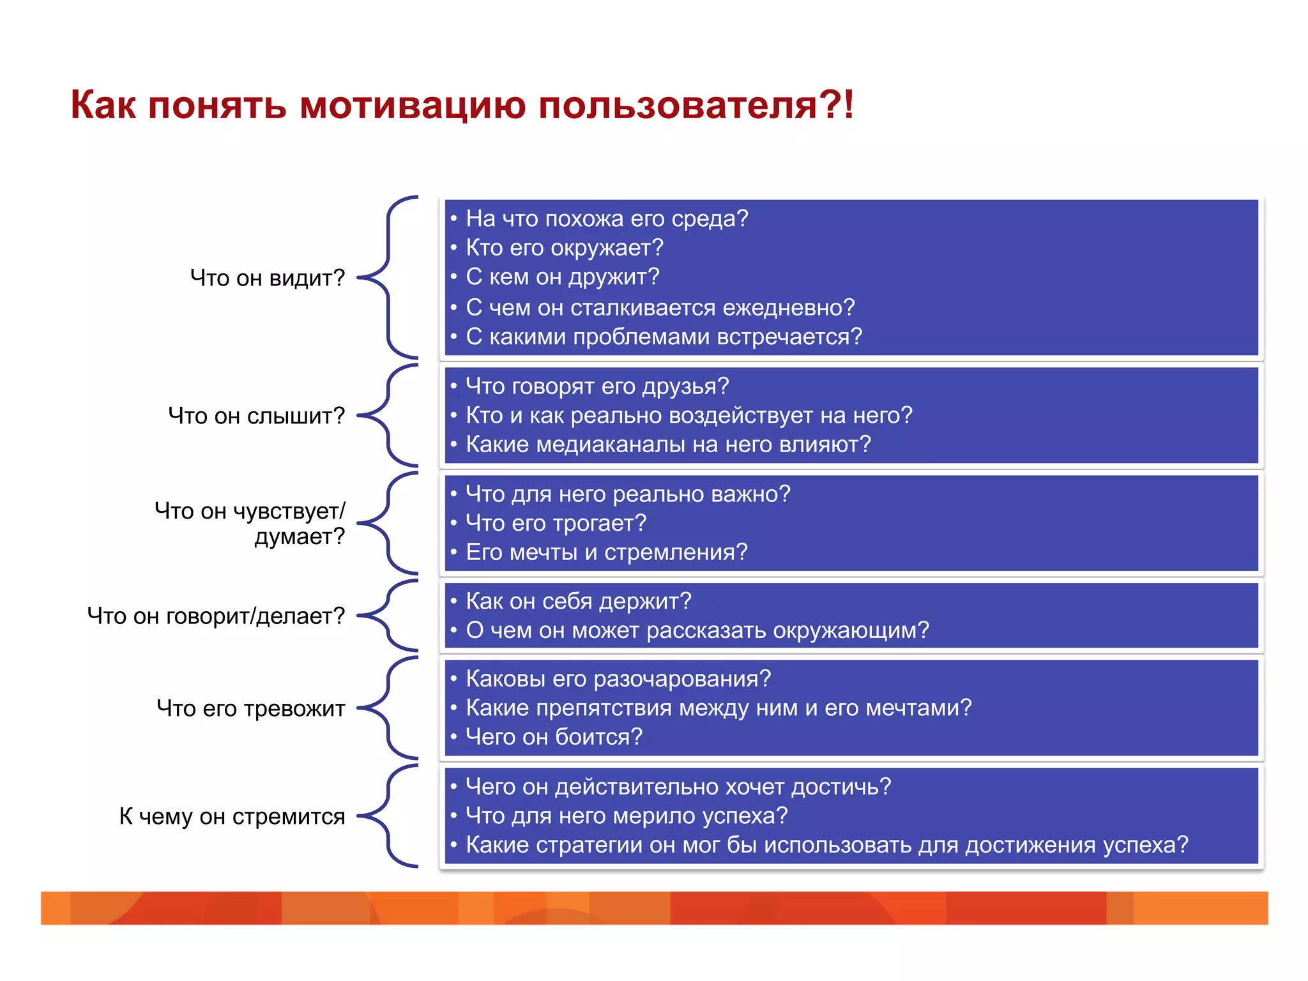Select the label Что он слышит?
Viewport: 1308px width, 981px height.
click(256, 416)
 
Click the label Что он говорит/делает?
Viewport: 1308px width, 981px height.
click(216, 616)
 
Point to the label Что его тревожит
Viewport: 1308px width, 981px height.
click(250, 708)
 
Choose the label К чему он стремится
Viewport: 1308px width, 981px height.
click(232, 816)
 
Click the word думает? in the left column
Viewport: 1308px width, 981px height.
click(300, 536)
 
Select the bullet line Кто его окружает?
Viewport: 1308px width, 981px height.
click(565, 248)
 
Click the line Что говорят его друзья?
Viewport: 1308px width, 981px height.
click(597, 386)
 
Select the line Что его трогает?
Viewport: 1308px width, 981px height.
click(556, 523)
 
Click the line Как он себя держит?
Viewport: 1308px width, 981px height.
click(579, 601)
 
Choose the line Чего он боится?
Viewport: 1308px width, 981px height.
click(554, 737)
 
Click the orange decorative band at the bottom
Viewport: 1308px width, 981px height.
click(654, 908)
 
